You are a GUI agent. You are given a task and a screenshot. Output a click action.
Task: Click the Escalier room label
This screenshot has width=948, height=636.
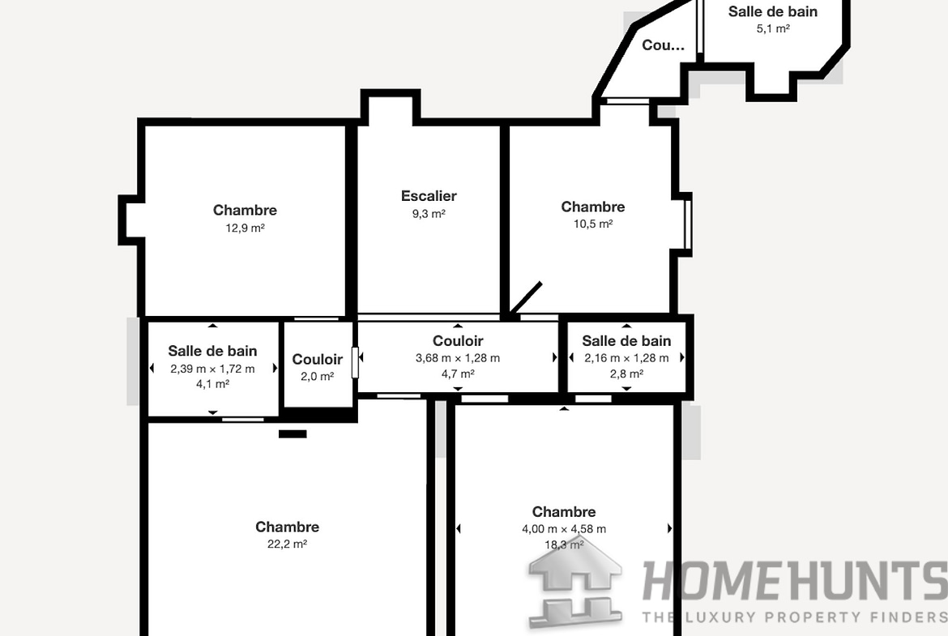click(x=429, y=196)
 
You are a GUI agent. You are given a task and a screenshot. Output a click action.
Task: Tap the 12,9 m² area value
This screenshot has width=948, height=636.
click(x=245, y=228)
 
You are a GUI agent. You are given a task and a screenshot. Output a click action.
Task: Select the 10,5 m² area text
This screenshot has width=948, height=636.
click(x=593, y=224)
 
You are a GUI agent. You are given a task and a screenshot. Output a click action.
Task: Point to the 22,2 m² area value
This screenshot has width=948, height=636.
click(x=287, y=544)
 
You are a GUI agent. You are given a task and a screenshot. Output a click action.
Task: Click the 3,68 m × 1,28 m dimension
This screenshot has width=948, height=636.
click(x=457, y=358)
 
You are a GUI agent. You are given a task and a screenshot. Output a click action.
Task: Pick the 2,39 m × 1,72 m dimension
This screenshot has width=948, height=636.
click(x=212, y=369)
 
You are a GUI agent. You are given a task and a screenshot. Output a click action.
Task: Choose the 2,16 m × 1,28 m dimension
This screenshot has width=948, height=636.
click(x=626, y=358)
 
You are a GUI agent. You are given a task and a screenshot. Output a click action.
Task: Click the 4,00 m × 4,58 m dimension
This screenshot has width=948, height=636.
click(x=564, y=529)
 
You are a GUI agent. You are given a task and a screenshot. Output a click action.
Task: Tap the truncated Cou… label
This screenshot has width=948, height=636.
click(x=663, y=45)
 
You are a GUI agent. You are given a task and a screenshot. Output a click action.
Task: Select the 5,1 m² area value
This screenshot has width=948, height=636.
click(x=772, y=28)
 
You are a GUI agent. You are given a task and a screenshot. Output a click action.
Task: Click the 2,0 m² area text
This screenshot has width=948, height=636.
click(x=317, y=376)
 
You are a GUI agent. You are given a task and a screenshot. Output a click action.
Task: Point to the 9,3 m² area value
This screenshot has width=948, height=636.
click(x=429, y=214)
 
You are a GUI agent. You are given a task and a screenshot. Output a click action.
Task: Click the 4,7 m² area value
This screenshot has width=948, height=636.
click(x=457, y=374)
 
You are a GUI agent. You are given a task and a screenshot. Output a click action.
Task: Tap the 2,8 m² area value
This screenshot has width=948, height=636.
click(x=626, y=374)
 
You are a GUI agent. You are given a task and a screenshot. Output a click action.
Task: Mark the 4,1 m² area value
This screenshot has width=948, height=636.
click(x=212, y=384)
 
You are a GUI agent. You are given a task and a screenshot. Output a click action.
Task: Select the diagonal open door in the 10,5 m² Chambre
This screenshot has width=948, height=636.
click(x=524, y=299)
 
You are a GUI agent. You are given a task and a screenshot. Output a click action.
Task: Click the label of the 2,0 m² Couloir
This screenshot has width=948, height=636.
click(x=317, y=360)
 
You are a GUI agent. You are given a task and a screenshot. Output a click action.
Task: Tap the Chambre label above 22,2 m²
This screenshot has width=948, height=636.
click(x=287, y=527)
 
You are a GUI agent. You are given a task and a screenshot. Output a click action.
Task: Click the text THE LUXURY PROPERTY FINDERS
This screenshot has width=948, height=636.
click(x=794, y=617)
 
